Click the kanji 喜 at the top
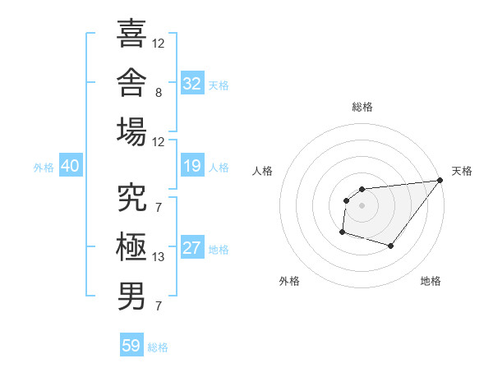131,34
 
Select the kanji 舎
131,83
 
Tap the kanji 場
131,131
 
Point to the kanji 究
131,197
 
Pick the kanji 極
131,246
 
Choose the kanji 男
131,296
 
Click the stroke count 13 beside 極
158,257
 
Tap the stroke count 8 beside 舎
159,93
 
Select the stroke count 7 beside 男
159,306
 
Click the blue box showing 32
192,83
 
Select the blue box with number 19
192,165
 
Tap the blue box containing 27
192,246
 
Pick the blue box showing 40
71,165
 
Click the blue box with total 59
131,344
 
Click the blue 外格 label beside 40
44,168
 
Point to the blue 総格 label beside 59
158,347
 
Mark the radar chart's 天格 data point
440,180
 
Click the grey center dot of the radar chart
362,205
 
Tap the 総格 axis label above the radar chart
362,108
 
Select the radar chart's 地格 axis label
431,281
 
